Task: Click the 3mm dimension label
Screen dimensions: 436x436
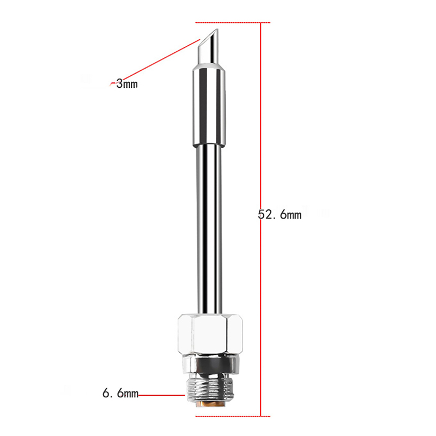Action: pyautogui.click(x=127, y=84)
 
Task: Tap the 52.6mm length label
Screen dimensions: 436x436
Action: pyautogui.click(x=280, y=214)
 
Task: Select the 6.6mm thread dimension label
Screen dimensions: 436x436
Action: pyautogui.click(x=120, y=393)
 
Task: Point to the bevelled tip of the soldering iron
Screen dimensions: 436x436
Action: pyautogui.click(x=208, y=46)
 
